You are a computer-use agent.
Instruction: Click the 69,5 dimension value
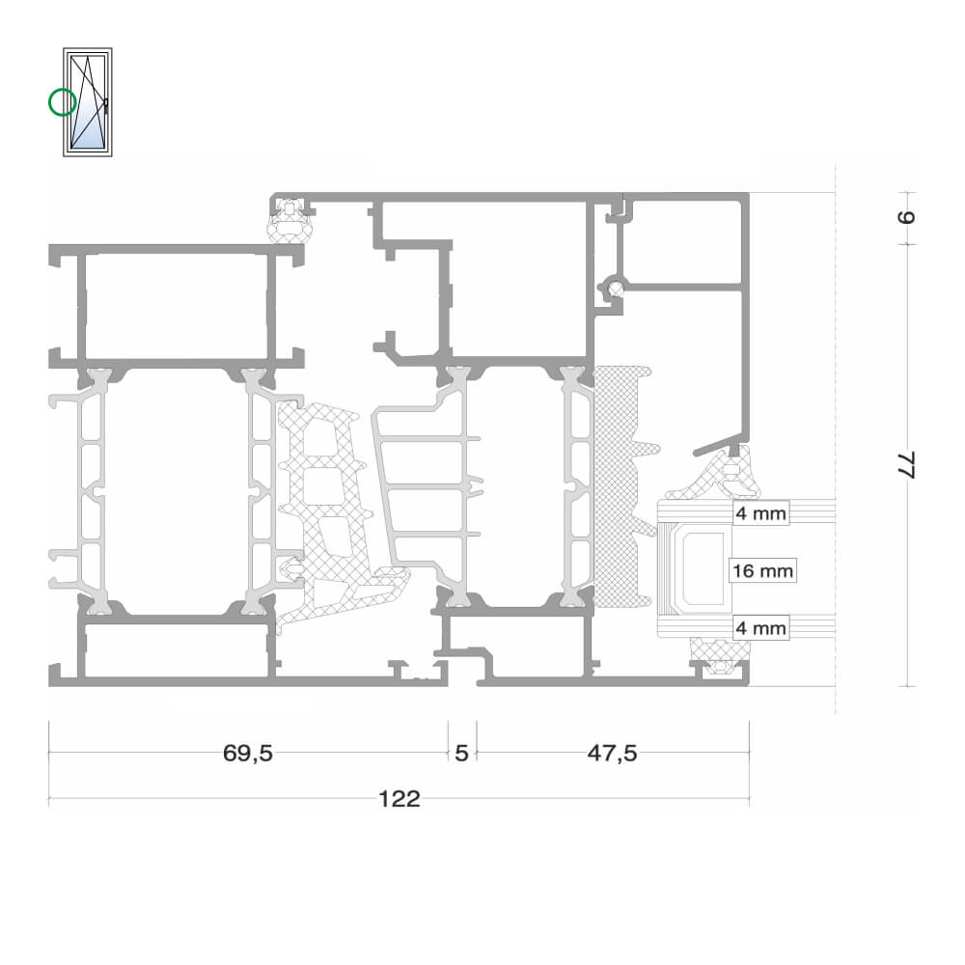click(247, 753)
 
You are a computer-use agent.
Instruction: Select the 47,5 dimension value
click(612, 753)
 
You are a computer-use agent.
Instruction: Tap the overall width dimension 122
click(399, 799)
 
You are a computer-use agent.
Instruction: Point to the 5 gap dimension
click(461, 753)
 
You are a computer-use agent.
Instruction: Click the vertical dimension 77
click(906, 465)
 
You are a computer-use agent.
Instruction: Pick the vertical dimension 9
click(906, 216)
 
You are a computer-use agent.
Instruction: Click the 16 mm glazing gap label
click(762, 570)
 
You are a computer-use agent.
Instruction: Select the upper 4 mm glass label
click(761, 513)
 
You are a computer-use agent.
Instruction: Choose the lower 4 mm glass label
click(761, 628)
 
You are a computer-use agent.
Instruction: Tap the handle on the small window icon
click(106, 106)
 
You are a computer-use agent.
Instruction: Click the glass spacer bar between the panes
click(701, 569)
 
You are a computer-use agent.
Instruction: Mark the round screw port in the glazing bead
click(615, 287)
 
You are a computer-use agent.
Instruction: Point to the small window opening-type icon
click(88, 102)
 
